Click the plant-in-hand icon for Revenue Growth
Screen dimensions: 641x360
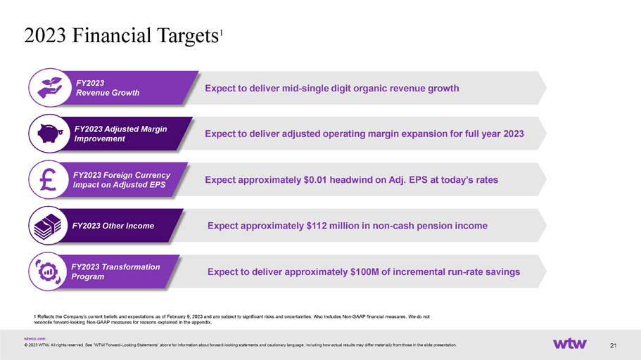(49, 87)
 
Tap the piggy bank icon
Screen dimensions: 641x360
(50, 133)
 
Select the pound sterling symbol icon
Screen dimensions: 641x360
(49, 179)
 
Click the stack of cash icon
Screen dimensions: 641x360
(48, 226)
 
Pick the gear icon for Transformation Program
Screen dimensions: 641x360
(49, 271)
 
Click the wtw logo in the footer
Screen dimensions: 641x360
(569, 344)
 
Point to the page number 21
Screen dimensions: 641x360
(613, 346)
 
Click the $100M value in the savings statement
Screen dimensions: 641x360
(364, 271)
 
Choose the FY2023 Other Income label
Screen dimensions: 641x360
(113, 226)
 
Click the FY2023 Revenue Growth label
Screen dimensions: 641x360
(108, 88)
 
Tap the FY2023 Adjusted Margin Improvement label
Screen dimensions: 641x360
(120, 134)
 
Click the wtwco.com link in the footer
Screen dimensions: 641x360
(34, 339)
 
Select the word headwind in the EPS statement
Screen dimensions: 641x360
(349, 180)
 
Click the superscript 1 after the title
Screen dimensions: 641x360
(221, 31)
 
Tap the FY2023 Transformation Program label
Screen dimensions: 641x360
(115, 271)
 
